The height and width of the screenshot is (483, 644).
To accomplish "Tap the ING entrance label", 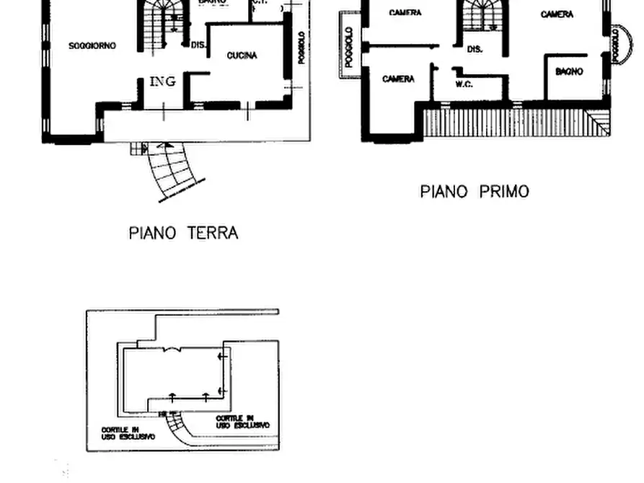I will tap(162, 81).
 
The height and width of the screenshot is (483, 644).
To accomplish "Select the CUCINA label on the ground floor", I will tap(242, 56).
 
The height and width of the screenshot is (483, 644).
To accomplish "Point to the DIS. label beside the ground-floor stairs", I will tap(198, 45).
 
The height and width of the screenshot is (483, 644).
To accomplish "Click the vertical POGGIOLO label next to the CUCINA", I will tap(301, 48).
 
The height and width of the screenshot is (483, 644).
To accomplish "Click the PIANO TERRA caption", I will tap(183, 233).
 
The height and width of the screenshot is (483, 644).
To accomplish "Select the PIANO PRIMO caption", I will tap(474, 192).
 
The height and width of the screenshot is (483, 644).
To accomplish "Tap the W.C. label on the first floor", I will tap(464, 84).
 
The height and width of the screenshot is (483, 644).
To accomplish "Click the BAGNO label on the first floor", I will tap(569, 72).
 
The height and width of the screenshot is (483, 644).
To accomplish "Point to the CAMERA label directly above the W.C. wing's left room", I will tap(398, 79).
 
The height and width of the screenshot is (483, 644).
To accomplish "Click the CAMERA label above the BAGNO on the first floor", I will tap(557, 14).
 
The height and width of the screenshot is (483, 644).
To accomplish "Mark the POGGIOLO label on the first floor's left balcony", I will tap(349, 48).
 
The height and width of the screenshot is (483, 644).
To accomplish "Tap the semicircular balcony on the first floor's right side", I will tap(617, 45).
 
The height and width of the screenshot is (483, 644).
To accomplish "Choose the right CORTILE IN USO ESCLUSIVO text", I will tap(242, 422).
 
